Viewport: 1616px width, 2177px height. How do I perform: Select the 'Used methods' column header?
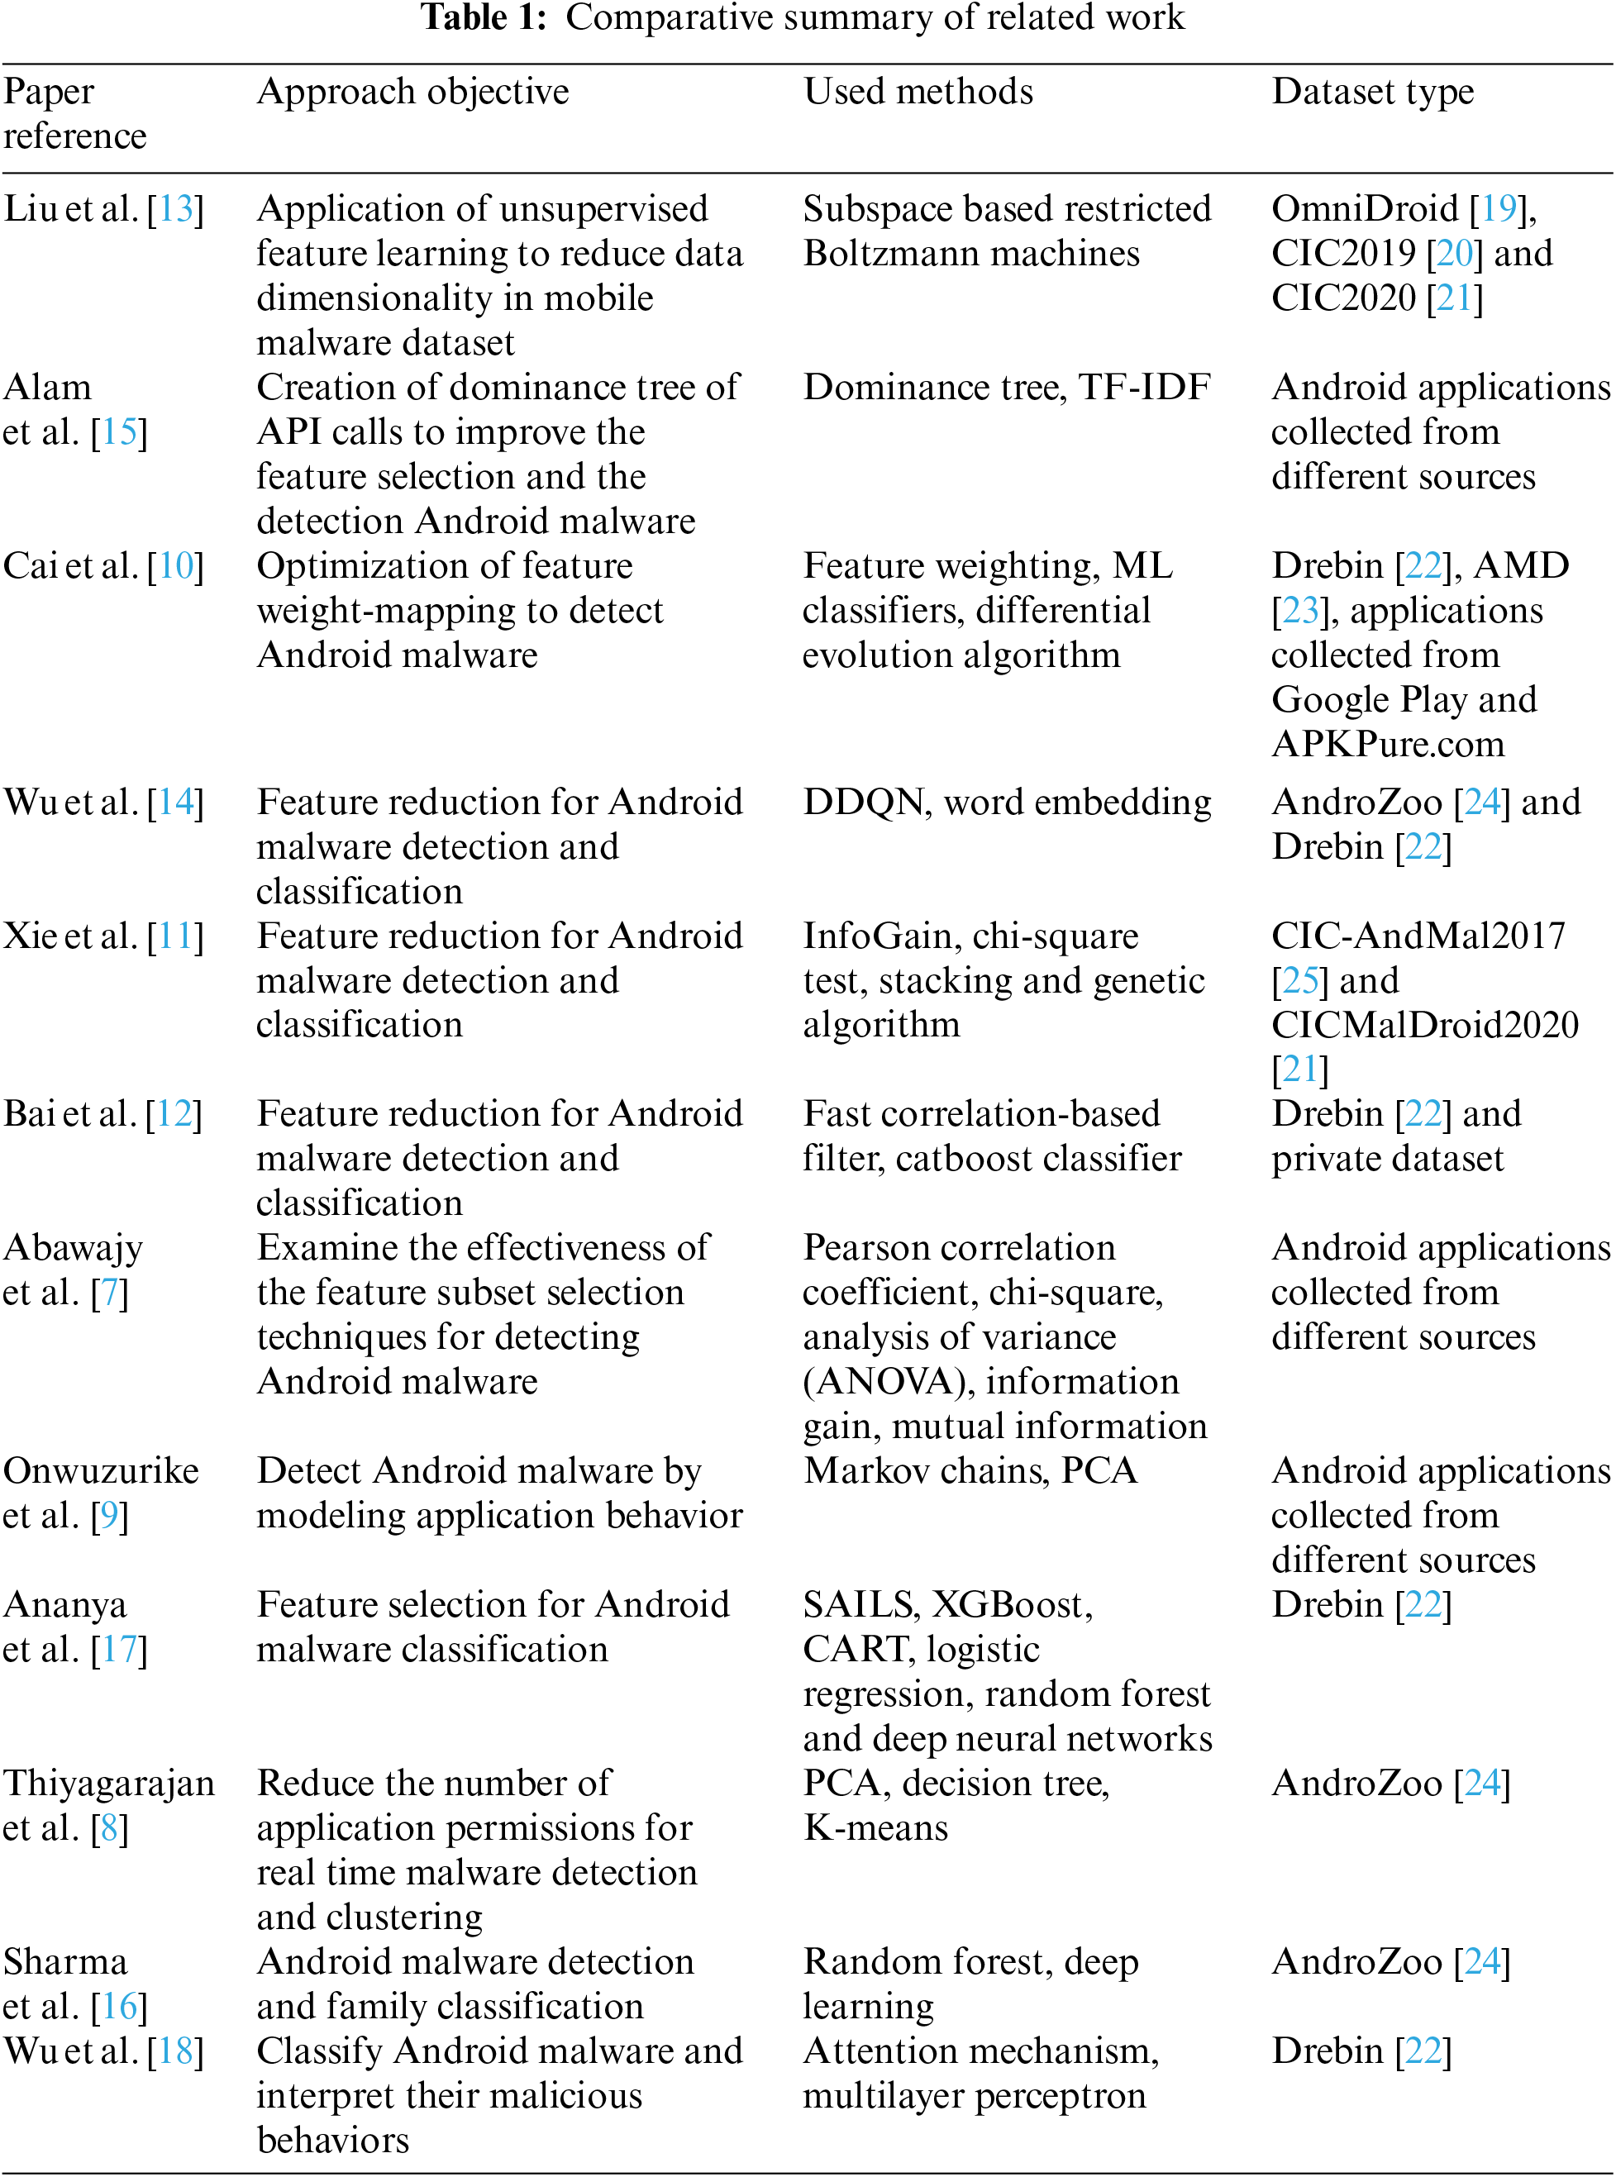[x=918, y=92]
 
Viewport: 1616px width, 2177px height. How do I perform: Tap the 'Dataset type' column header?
[x=1372, y=92]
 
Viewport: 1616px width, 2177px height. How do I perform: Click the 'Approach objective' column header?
[x=412, y=92]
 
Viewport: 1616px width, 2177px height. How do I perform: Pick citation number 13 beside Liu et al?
[x=176, y=209]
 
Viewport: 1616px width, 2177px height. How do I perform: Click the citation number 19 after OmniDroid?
[x=1498, y=209]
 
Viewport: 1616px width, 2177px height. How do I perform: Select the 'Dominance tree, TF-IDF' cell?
[x=1007, y=388]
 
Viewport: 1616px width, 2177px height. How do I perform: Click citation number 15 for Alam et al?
[x=119, y=432]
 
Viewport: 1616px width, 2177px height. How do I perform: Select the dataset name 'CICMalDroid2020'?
[x=1424, y=1026]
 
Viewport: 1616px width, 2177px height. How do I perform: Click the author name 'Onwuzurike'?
[x=101, y=1472]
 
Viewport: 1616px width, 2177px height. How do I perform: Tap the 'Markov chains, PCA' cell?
[x=970, y=1472]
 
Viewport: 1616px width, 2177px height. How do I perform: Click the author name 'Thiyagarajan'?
[x=108, y=1784]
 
